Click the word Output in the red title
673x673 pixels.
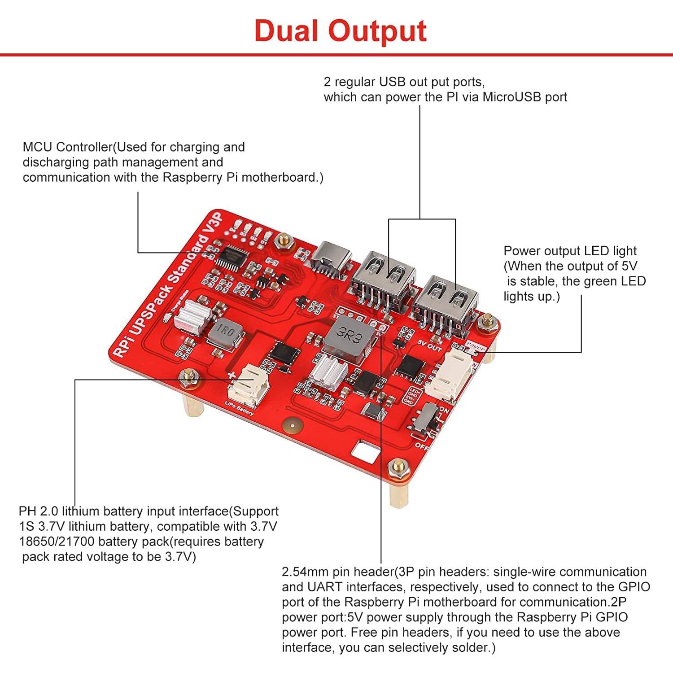point(377,31)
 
